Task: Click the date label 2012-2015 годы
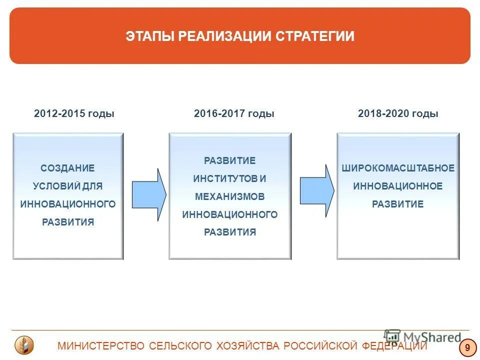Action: [74, 113]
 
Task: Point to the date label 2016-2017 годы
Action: [234, 113]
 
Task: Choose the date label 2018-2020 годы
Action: [398, 113]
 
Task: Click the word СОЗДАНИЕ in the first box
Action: [67, 168]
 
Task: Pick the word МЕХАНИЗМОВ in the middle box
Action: [230, 196]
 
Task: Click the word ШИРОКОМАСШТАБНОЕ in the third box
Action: [398, 168]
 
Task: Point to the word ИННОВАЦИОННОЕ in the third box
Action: [398, 186]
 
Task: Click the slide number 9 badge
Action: [467, 347]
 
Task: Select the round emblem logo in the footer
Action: [23, 345]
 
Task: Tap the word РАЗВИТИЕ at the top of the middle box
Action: [230, 160]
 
